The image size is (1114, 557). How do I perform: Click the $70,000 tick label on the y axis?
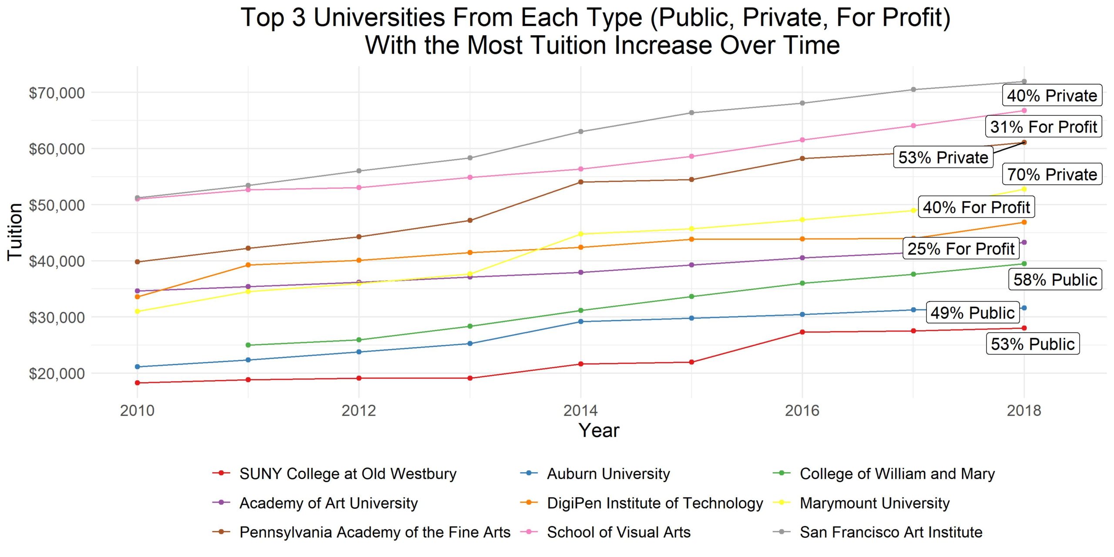tap(57, 93)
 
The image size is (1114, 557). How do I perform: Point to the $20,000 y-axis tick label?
tap(57, 373)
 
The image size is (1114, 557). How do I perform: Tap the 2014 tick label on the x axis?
tap(580, 410)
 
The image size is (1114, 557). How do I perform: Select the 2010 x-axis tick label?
tap(137, 410)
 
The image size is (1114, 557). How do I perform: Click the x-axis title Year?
tap(599, 430)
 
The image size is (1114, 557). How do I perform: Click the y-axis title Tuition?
tap(15, 232)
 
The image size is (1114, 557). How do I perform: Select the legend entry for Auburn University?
tap(608, 473)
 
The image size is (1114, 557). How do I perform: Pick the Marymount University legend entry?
tap(874, 503)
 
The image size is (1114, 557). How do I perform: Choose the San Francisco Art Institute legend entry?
tap(891, 532)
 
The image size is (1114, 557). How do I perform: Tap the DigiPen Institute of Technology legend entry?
tap(654, 503)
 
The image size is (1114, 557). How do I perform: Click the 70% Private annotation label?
tap(1052, 174)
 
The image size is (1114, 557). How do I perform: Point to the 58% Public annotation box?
tap(1055, 279)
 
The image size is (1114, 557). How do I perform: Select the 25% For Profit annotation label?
tap(961, 248)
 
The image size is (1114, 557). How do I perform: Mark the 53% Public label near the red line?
tap(1032, 344)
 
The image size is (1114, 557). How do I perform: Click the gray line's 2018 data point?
tap(1024, 81)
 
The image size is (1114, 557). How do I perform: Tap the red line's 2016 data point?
tap(802, 332)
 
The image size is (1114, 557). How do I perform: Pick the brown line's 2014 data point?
tap(580, 182)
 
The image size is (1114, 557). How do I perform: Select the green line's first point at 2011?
tap(248, 345)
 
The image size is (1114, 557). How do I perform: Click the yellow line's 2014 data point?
tap(580, 234)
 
